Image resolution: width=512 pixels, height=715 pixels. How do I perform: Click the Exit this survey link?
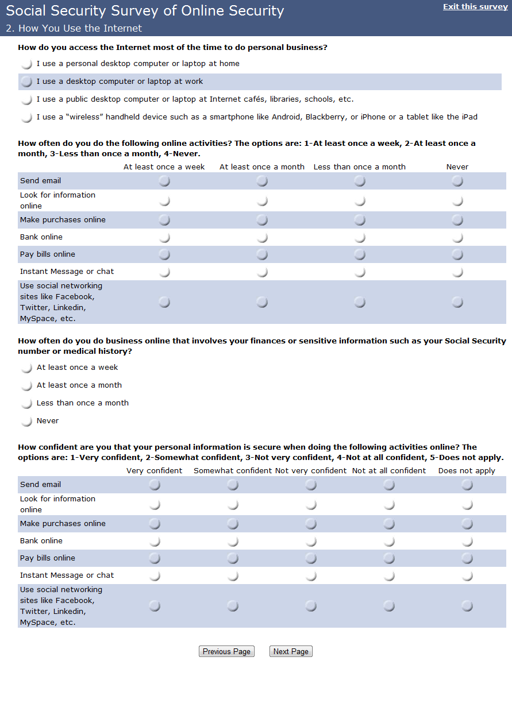475,7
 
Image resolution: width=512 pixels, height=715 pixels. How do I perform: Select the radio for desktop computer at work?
26,82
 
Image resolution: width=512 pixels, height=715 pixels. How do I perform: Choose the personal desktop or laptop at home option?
26,64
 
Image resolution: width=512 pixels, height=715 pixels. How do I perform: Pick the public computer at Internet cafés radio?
26,99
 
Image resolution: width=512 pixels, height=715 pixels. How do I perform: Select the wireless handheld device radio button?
26,117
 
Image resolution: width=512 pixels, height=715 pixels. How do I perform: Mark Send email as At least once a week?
164,181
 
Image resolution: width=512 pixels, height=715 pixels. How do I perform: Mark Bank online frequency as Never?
457,237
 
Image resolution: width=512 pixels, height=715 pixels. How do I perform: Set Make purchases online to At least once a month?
262,220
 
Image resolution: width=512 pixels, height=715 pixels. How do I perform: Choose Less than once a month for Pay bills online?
360,254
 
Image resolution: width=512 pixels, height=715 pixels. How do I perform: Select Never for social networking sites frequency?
457,302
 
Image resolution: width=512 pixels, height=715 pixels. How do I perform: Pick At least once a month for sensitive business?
26,385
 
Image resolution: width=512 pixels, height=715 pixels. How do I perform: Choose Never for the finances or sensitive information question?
26,421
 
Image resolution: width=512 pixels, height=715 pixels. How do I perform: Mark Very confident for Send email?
155,485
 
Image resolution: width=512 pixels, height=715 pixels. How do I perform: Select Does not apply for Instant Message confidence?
467,575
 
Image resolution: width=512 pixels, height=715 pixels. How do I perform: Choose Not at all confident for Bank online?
389,541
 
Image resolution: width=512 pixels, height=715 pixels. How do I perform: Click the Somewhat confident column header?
233,471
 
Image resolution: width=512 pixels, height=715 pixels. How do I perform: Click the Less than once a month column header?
360,167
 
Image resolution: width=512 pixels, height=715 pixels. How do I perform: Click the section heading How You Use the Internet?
74,28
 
